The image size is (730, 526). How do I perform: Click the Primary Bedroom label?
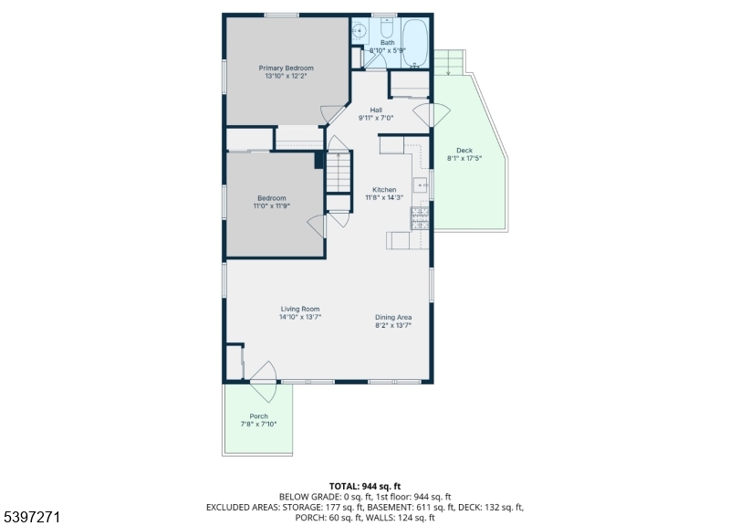pos(286,68)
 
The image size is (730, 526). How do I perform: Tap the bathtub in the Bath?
pos(415,43)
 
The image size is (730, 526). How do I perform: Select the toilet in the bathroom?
pos(387,27)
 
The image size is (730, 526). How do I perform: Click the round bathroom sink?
pos(360,31)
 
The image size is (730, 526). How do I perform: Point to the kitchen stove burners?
pos(420,218)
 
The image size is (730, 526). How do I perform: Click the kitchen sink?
pos(421,185)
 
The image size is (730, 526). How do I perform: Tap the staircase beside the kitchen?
pos(338,172)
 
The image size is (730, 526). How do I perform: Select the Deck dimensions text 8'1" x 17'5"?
pos(464,158)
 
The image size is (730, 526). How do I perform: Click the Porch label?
pos(258,416)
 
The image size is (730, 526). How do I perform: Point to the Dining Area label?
pos(393,317)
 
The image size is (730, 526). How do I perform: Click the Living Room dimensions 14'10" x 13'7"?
pos(300,317)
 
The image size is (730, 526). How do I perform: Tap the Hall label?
pos(376,110)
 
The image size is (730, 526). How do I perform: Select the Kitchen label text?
pos(384,190)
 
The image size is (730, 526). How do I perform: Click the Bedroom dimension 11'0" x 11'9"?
pos(271,206)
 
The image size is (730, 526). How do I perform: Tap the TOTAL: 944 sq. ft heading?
pos(365,487)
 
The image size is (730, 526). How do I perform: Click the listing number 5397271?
pos(32,517)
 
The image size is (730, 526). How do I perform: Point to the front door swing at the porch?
pos(264,382)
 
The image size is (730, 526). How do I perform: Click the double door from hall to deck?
pos(432,115)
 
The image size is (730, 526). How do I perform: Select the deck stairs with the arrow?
pos(449,62)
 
